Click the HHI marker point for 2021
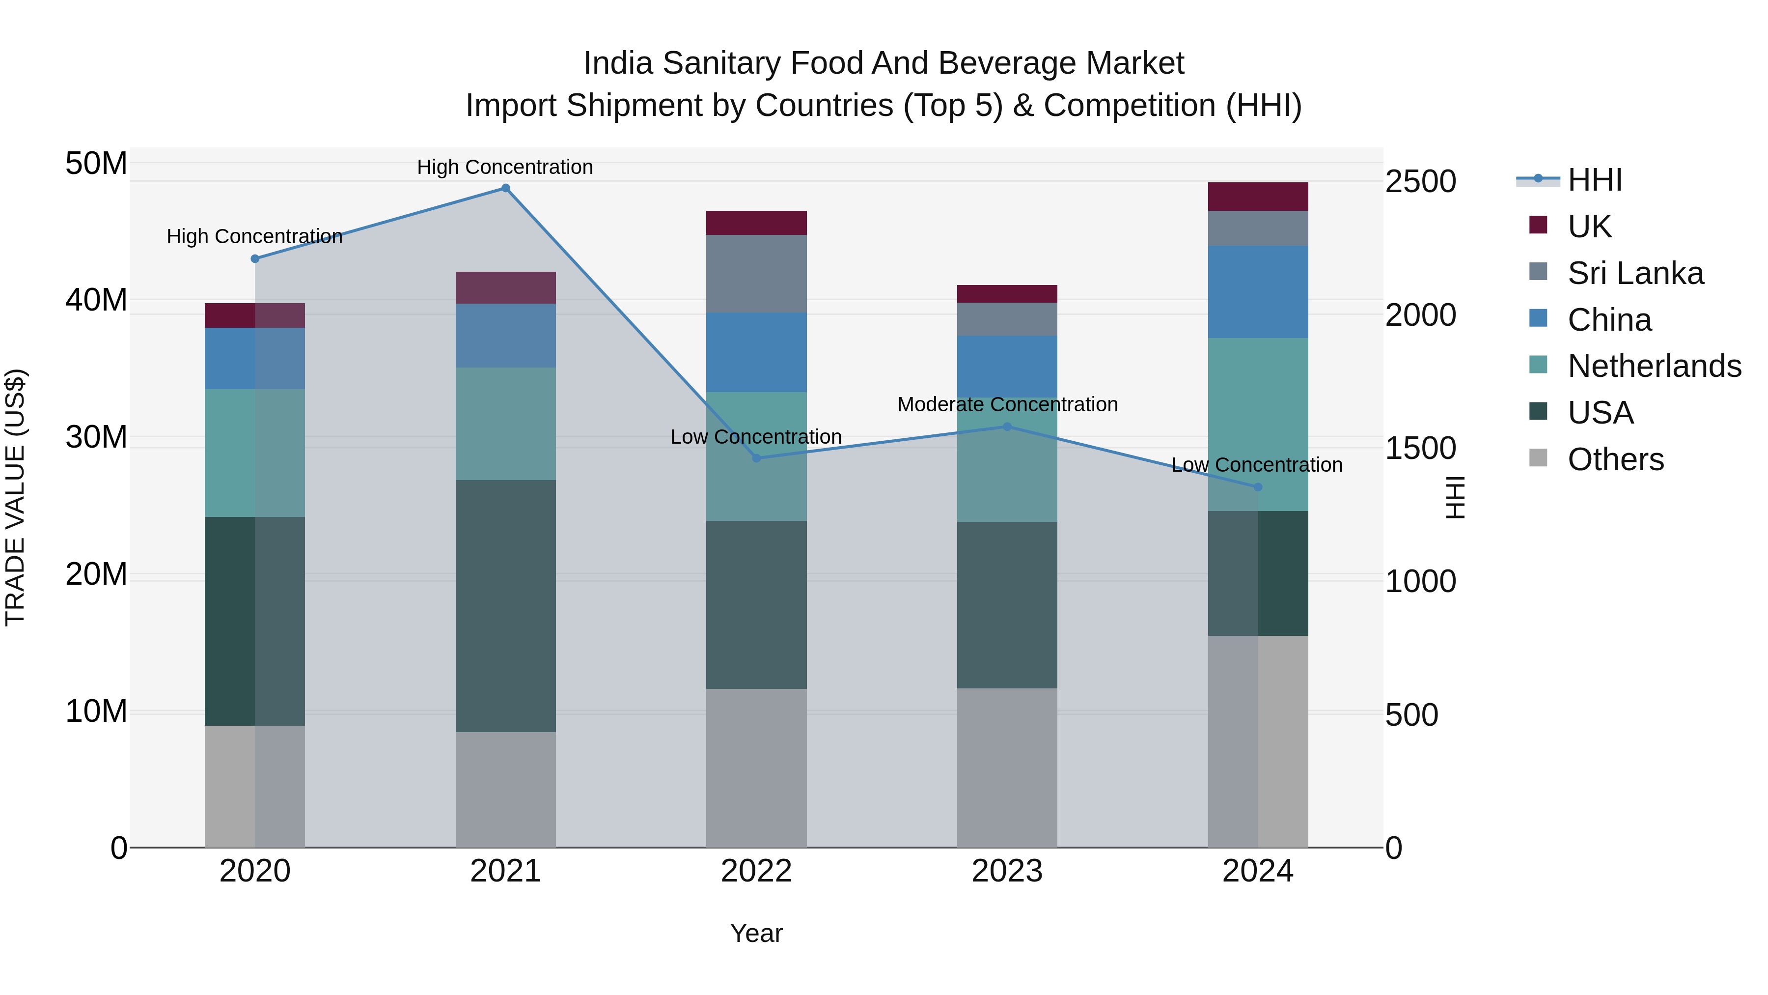coord(505,188)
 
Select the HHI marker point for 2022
coord(756,458)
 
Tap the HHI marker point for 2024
coord(1257,487)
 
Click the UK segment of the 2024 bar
coord(1257,197)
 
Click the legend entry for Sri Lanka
coord(1635,273)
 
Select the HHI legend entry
coord(1594,180)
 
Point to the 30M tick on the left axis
coord(96,437)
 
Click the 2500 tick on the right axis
coord(1420,182)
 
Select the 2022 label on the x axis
coord(756,871)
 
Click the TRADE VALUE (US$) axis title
coord(15,497)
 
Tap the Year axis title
coord(756,933)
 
